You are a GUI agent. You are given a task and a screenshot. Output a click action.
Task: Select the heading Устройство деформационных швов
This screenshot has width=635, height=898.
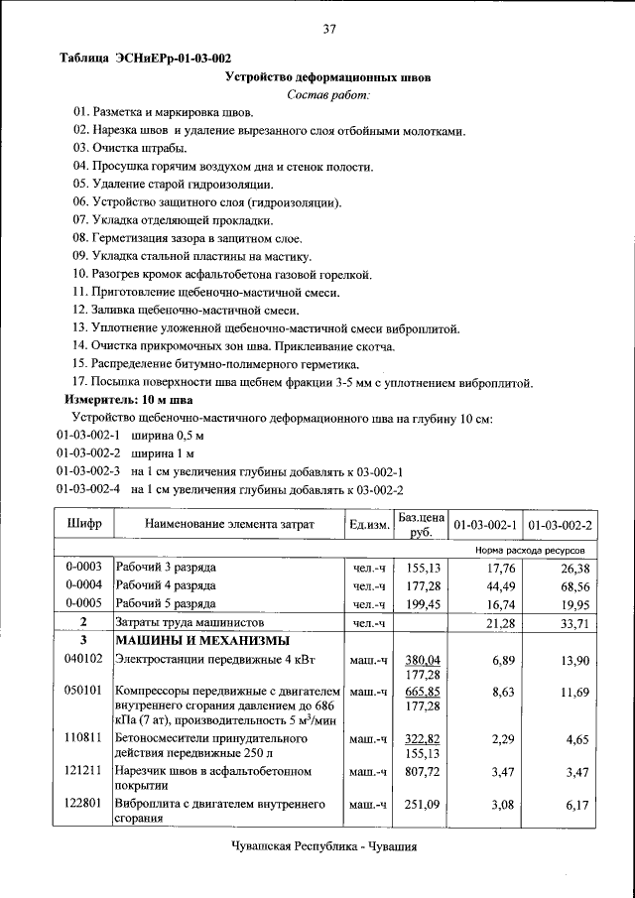pyautogui.click(x=328, y=76)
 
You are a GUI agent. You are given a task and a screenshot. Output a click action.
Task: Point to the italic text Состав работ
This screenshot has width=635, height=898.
pyautogui.click(x=327, y=94)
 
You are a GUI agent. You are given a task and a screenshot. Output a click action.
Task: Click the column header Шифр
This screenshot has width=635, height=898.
pyautogui.click(x=84, y=523)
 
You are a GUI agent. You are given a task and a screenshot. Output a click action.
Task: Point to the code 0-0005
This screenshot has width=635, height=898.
pyautogui.click(x=84, y=603)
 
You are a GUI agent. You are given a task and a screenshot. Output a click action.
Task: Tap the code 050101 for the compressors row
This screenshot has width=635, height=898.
pyautogui.click(x=84, y=691)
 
